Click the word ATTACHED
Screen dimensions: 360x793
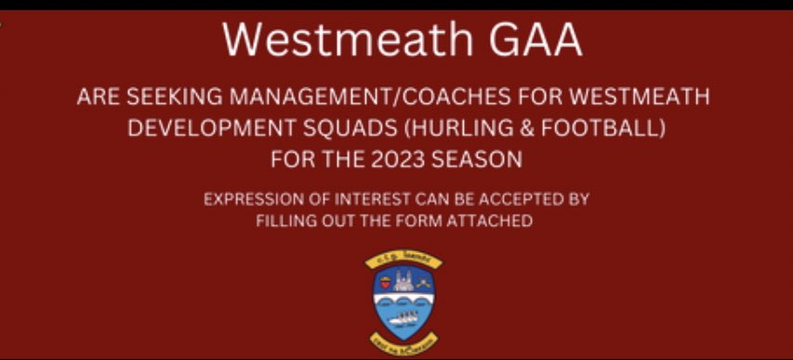495,221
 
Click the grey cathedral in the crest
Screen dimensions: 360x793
403,279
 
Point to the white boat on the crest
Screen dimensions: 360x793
403,317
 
